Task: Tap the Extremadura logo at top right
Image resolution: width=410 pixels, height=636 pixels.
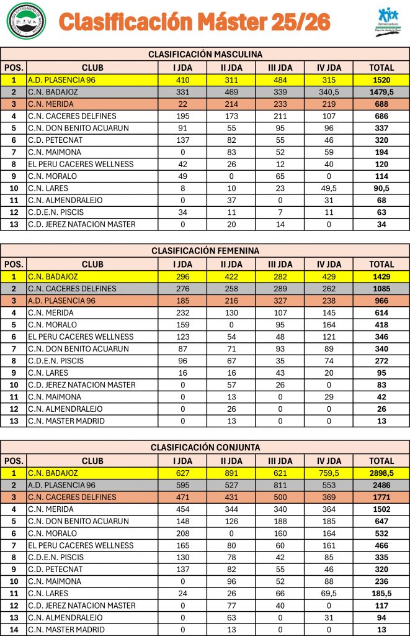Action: tap(388, 22)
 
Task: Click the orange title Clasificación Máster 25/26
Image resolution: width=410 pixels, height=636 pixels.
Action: tap(194, 22)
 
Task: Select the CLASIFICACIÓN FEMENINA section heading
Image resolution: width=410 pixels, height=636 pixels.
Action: tap(205, 250)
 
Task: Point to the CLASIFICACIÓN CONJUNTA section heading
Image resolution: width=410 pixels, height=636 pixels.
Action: tap(205, 447)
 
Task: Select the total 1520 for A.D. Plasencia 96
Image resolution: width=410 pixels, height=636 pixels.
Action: tap(381, 79)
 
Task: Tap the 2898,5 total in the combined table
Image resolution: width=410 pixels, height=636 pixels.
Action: tap(381, 473)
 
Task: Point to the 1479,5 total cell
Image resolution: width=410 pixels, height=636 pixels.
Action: tap(381, 92)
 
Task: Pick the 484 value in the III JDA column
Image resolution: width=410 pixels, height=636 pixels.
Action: tap(280, 79)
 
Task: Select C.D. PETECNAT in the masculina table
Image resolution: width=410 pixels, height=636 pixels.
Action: tap(55, 140)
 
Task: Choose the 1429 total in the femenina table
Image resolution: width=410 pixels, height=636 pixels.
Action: tap(381, 276)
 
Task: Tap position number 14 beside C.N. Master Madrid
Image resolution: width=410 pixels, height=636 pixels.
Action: tap(14, 629)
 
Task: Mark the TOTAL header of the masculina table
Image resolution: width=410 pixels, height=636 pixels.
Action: tap(381, 68)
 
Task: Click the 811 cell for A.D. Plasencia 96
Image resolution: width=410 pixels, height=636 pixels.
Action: tap(280, 485)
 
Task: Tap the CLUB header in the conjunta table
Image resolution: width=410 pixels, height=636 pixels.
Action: tap(92, 461)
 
